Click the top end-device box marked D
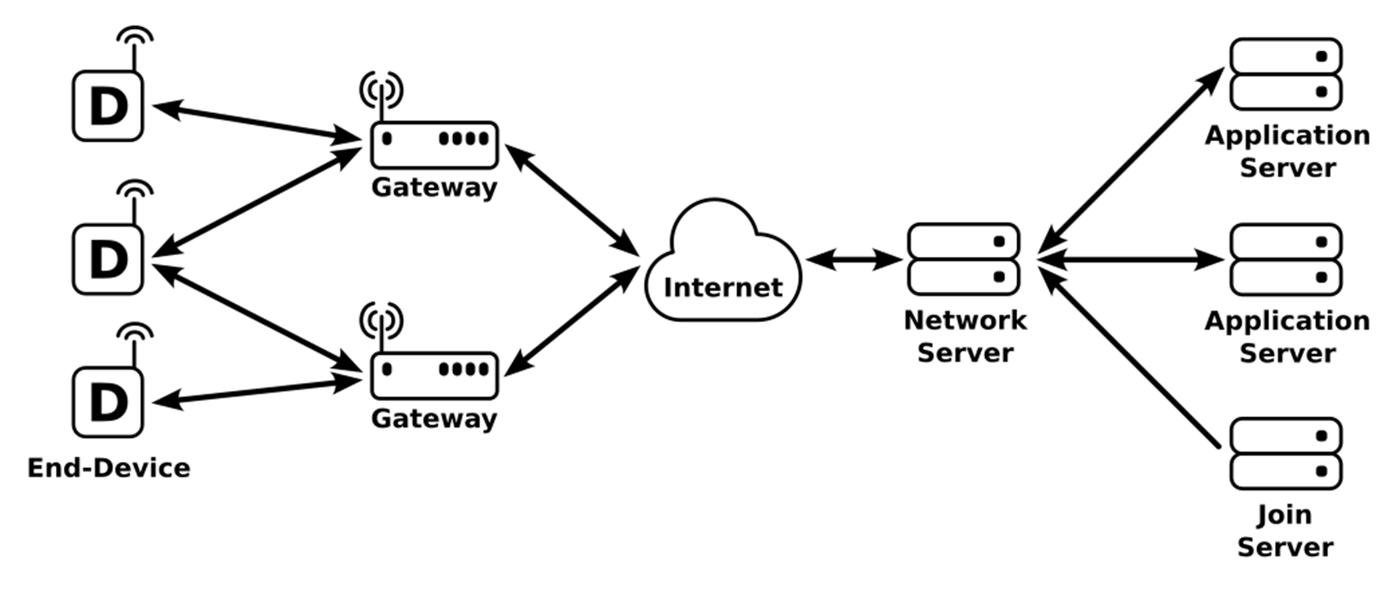click(108, 106)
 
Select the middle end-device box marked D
click(108, 258)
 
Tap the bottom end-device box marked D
click(108, 402)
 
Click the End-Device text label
click(108, 467)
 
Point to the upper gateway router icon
click(434, 144)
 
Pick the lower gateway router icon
click(434, 375)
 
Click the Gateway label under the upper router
click(434, 187)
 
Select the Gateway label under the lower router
click(434, 418)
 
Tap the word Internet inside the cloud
click(723, 287)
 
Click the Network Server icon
click(964, 259)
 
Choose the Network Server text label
click(964, 336)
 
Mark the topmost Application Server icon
click(1286, 74)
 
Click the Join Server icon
click(1286, 453)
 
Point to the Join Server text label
click(1284, 530)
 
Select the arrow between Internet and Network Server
click(854, 259)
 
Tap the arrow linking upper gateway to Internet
click(573, 200)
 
